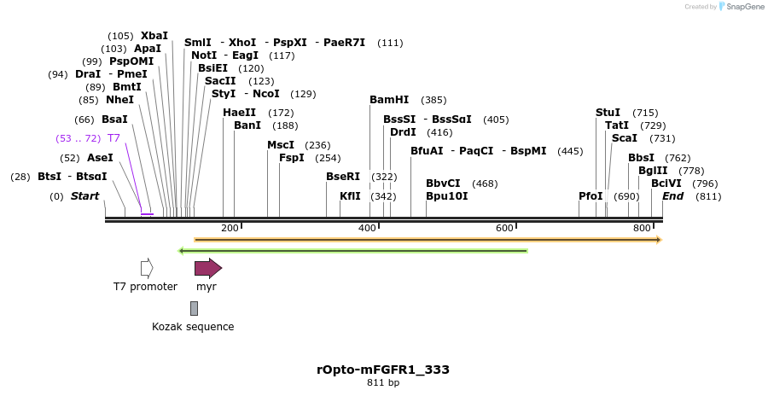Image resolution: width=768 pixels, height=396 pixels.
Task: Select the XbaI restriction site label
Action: tap(154, 36)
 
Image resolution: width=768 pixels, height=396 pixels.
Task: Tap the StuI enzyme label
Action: tap(608, 113)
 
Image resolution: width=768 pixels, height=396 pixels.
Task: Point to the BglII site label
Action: tap(653, 171)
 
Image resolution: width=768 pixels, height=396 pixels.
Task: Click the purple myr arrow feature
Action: tap(208, 268)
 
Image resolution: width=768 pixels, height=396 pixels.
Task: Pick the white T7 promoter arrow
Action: tap(147, 268)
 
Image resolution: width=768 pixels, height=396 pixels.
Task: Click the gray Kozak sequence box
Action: tap(194, 308)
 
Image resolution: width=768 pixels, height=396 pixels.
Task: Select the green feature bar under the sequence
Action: tap(352, 251)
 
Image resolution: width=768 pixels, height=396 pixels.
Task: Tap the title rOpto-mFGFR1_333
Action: tap(383, 370)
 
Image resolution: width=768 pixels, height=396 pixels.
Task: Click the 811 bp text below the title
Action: tap(383, 383)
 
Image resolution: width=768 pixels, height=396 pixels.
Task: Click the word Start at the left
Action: tap(84, 196)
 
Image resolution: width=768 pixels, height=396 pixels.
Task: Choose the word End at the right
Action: tap(673, 196)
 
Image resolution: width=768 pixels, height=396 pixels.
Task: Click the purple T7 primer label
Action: tap(113, 138)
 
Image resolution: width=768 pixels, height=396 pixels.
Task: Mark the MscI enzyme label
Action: tap(281, 145)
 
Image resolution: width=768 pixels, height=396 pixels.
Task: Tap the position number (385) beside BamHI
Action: tap(433, 100)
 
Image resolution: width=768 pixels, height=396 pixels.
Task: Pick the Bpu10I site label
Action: tap(446, 196)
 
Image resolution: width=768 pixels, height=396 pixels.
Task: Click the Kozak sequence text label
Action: tap(193, 327)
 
